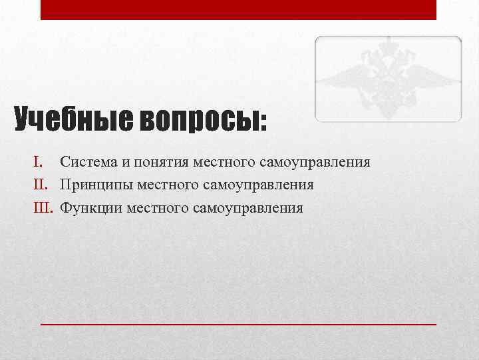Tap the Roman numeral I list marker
click(x=38, y=161)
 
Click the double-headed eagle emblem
click(x=388, y=79)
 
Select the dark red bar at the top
click(x=238, y=9)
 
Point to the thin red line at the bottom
click(x=238, y=323)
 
